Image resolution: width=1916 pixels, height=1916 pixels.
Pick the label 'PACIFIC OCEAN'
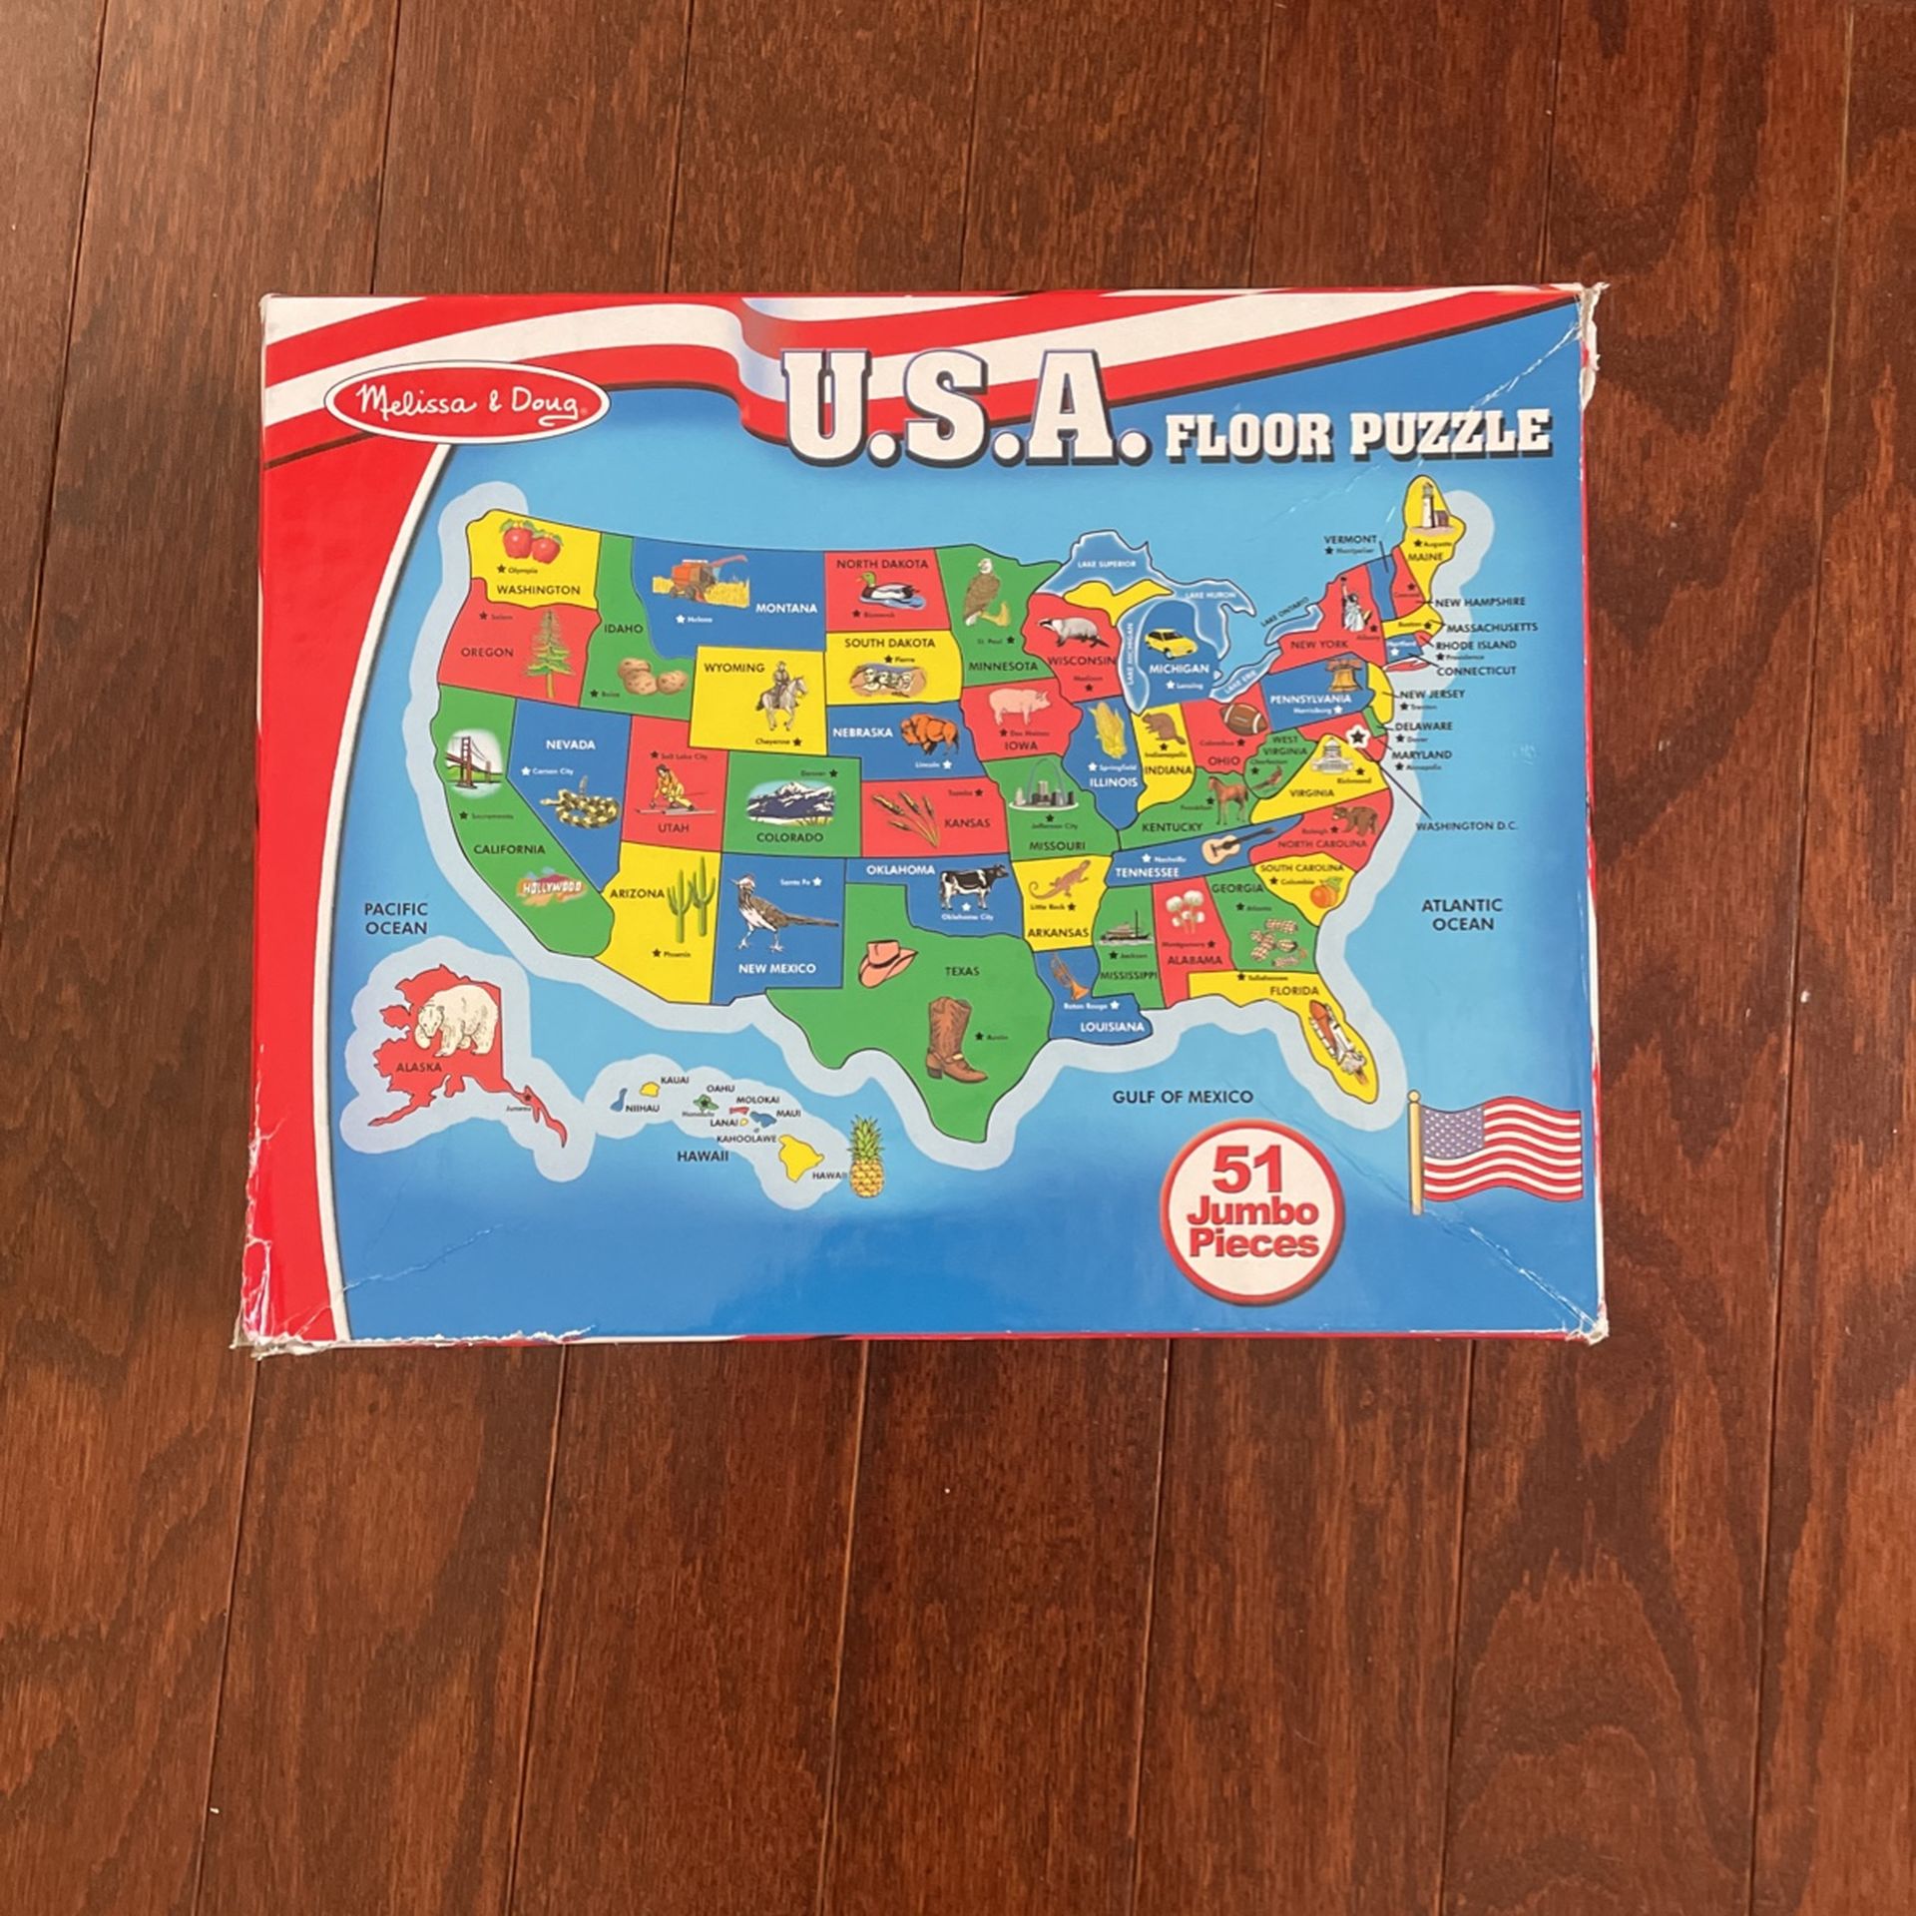[x=395, y=918]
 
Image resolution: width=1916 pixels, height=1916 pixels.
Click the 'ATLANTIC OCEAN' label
[x=1461, y=914]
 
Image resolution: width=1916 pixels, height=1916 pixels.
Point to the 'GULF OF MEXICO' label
[x=1183, y=1097]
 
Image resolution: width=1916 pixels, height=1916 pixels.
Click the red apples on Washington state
[x=530, y=543]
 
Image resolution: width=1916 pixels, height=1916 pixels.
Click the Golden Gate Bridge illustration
[x=469, y=762]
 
